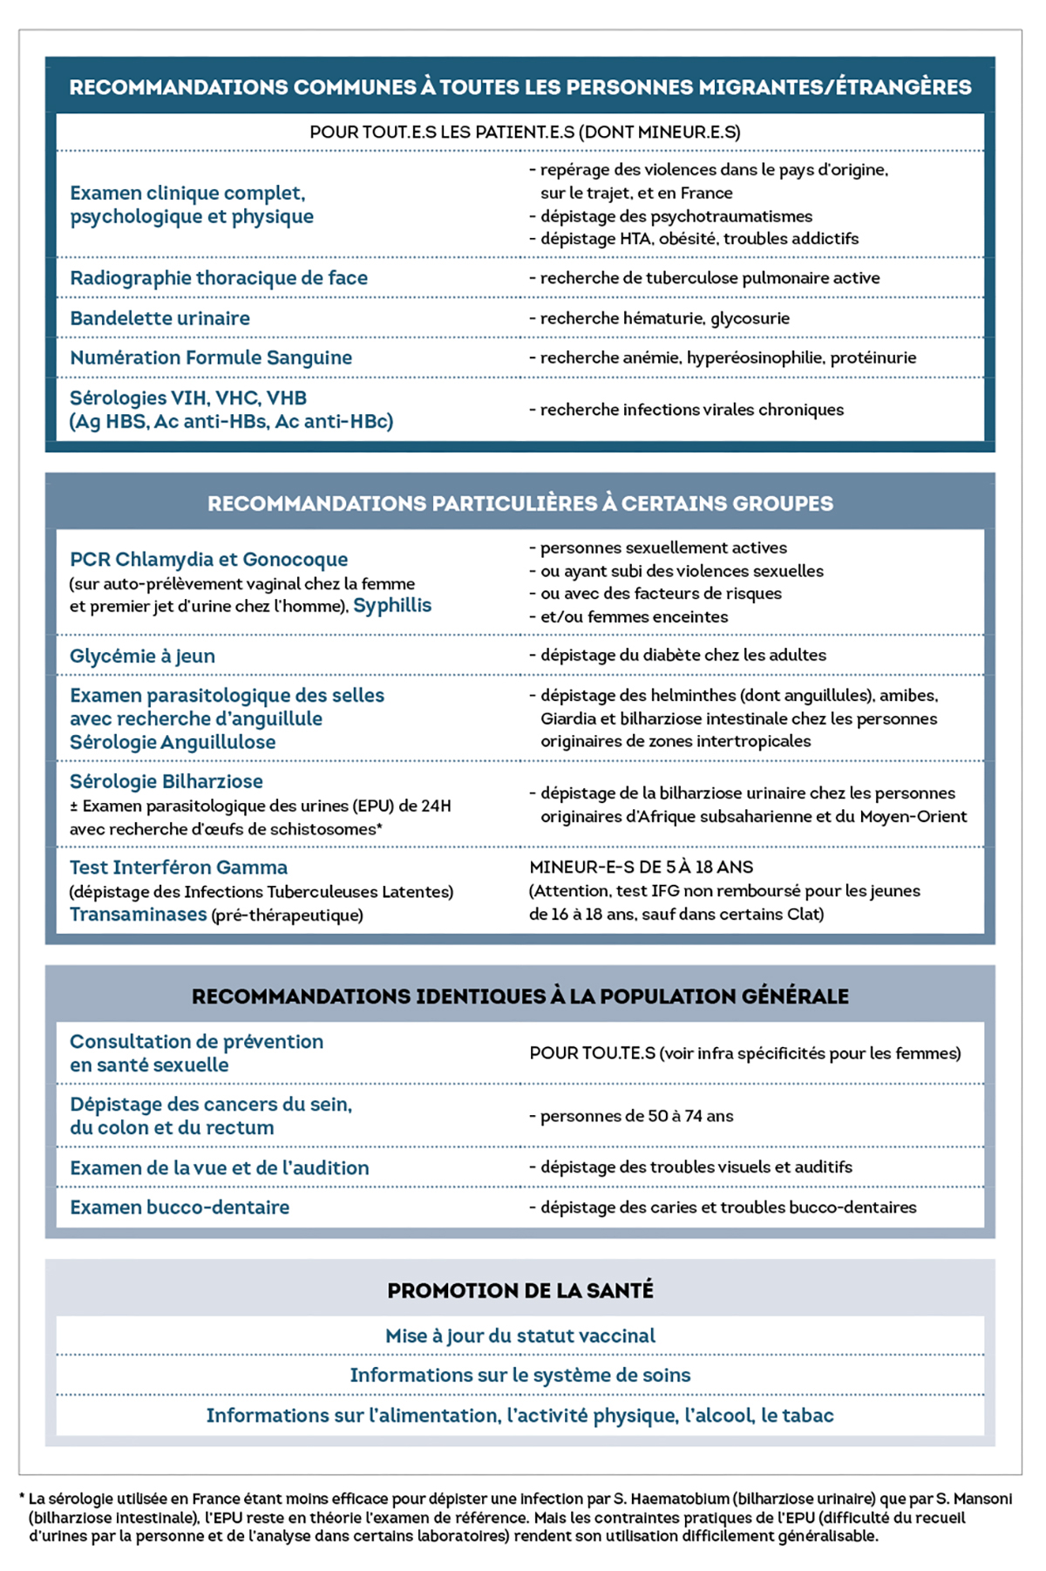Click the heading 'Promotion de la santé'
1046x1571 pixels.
click(520, 1290)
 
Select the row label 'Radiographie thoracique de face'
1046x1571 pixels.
click(219, 278)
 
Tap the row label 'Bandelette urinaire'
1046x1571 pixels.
click(160, 318)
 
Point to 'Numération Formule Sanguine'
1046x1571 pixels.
click(211, 357)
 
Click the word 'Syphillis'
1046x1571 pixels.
click(392, 605)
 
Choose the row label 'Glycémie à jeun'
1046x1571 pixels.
click(142, 656)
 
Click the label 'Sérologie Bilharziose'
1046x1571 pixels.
click(166, 781)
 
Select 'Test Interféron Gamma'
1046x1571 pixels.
click(179, 867)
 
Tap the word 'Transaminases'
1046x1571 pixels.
click(138, 915)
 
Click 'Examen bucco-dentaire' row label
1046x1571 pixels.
click(180, 1207)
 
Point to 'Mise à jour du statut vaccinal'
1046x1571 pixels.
click(520, 1336)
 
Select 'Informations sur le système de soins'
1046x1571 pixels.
click(520, 1375)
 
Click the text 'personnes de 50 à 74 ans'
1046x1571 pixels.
click(636, 1116)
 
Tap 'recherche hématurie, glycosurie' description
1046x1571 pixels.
click(664, 318)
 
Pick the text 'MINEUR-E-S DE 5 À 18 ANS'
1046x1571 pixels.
click(642, 867)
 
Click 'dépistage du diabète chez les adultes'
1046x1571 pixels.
click(683, 655)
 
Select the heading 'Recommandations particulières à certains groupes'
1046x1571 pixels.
click(520, 503)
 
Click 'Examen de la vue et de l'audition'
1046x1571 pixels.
click(220, 1167)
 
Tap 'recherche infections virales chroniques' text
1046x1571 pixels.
click(691, 410)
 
